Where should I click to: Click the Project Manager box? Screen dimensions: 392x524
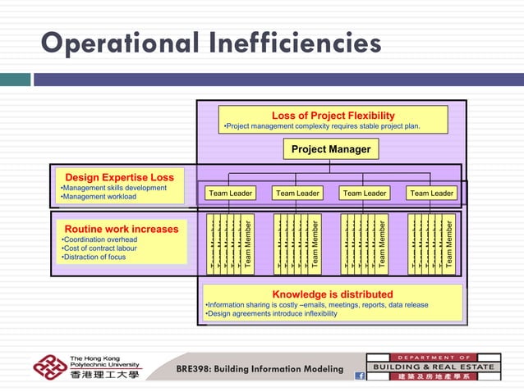pos(331,149)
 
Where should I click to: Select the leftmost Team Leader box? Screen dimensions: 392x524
pos(230,194)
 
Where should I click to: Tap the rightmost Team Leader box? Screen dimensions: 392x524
pos(431,194)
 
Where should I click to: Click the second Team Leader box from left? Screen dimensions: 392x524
pos(297,194)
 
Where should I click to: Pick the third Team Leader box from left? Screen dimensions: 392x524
pos(364,194)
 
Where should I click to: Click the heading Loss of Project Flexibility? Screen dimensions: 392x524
pos(333,116)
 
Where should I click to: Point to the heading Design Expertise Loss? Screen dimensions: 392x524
pos(119,177)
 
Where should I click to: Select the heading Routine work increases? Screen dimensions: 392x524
pos(122,229)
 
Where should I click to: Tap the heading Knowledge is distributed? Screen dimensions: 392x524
pos(333,294)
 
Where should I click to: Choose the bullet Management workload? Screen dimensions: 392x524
pos(99,197)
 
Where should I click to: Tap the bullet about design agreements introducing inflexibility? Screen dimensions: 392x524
pos(271,313)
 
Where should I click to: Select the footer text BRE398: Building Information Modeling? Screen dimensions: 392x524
pos(260,369)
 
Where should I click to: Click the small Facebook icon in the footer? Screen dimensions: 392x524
pos(359,376)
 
